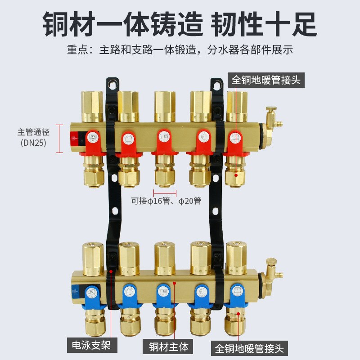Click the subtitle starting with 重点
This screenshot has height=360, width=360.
point(180,49)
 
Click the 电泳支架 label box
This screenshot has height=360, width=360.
point(92,346)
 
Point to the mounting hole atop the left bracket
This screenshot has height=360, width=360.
point(112,85)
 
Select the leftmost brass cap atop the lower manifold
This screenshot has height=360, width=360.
point(93,259)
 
